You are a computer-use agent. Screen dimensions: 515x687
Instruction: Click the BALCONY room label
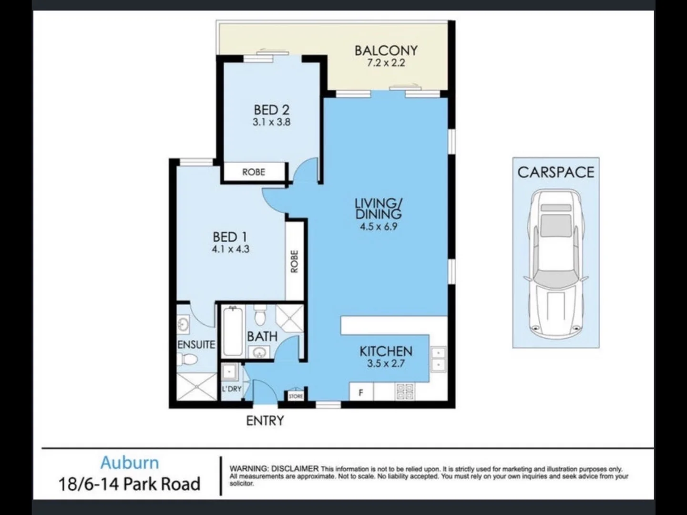click(386, 50)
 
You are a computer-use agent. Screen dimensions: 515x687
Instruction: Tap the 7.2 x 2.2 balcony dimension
click(386, 62)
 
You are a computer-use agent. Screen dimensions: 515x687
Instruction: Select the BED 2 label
click(271, 110)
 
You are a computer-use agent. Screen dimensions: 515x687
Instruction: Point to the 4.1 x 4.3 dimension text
click(230, 249)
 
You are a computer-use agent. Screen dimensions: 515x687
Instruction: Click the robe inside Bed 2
click(254, 172)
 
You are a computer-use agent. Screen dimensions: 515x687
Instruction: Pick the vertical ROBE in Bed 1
click(294, 261)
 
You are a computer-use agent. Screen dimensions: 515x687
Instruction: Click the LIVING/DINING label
click(378, 208)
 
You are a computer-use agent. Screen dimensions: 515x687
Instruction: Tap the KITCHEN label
click(386, 351)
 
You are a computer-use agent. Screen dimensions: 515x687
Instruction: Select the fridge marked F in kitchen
click(361, 393)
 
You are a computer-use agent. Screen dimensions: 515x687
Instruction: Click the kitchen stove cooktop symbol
click(405, 392)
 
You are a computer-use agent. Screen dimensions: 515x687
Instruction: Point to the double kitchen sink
click(438, 359)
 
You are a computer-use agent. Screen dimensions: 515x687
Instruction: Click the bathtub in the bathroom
click(233, 331)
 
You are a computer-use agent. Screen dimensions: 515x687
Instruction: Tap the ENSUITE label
click(196, 344)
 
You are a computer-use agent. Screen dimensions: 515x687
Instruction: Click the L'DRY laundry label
click(232, 389)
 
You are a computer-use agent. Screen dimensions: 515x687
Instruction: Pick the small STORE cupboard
click(296, 396)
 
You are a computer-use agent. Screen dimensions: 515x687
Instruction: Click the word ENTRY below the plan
click(265, 421)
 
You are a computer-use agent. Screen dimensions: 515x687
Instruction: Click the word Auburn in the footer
click(129, 463)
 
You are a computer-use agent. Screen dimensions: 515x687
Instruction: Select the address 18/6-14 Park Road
click(129, 484)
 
